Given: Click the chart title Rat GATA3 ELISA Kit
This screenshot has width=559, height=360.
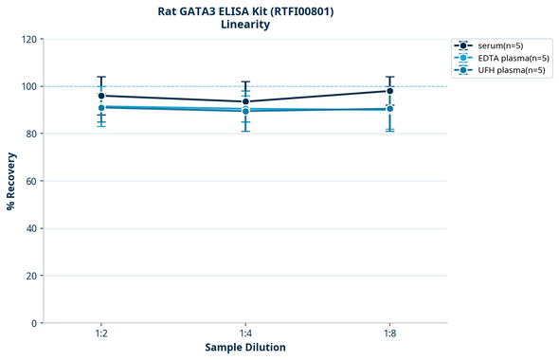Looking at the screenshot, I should click(245, 10).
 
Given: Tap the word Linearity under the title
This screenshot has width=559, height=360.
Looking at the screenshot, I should click(245, 25).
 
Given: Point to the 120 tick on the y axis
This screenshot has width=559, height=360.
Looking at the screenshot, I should click(27, 39).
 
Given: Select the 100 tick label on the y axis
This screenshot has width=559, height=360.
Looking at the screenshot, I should click(27, 86).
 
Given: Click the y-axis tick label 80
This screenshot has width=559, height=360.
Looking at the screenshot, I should click(30, 134).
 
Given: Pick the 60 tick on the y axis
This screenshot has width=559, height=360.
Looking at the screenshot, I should click(30, 181).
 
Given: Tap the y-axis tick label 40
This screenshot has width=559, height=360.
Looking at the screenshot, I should click(30, 228).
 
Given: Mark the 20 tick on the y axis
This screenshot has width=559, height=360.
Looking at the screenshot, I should click(30, 276).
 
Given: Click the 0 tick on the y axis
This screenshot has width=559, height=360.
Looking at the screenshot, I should click(33, 323).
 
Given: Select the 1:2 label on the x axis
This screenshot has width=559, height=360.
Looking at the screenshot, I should click(100, 334).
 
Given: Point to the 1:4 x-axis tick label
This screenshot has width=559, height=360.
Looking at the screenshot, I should click(245, 334).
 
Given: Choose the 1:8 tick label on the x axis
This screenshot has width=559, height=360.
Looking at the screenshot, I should click(389, 334).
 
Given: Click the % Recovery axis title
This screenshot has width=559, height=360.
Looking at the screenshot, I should click(11, 181).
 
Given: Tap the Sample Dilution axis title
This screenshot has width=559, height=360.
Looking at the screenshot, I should click(245, 348).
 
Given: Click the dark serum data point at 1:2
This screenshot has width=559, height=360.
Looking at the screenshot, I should click(101, 96).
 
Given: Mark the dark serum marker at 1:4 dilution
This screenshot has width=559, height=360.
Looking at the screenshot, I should click(245, 101).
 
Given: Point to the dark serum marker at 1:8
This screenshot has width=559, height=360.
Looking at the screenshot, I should click(389, 91).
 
